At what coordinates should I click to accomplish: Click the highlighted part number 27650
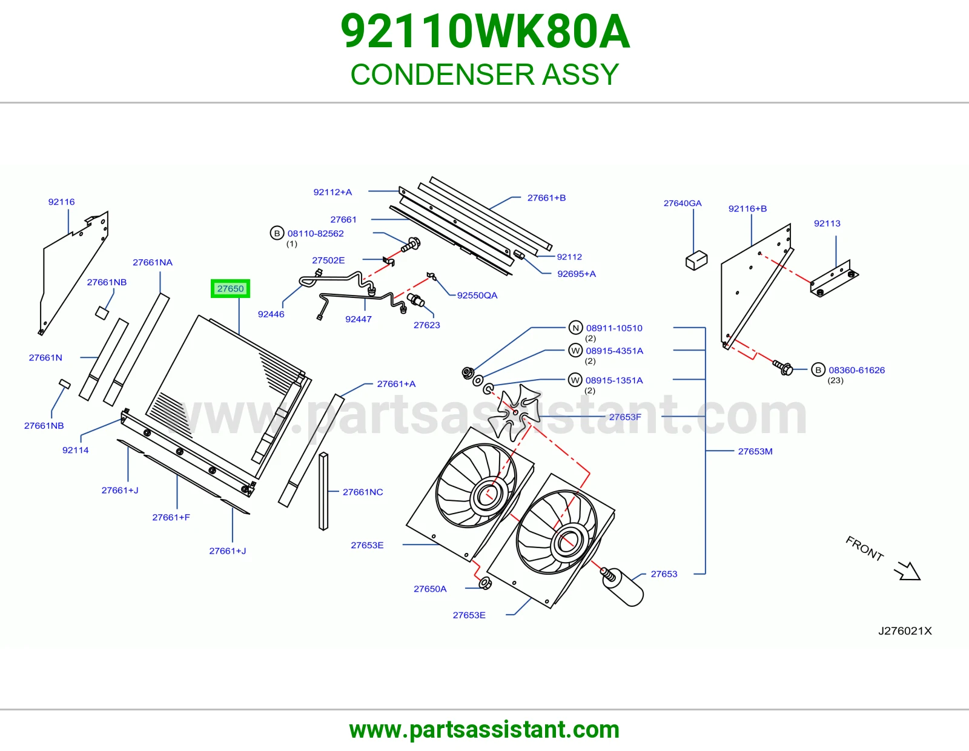[230, 288]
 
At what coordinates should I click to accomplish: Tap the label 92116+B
[747, 209]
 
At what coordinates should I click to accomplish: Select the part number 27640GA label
[683, 203]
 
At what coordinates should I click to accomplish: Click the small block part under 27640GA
[696, 260]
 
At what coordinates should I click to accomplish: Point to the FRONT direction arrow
[907, 571]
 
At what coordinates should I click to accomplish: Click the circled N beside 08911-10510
[576, 328]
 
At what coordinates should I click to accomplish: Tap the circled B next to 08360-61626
[818, 369]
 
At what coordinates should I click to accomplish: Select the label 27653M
[755, 451]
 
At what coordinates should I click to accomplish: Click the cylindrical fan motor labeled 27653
[623, 586]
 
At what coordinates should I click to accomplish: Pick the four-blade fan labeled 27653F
[514, 412]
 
